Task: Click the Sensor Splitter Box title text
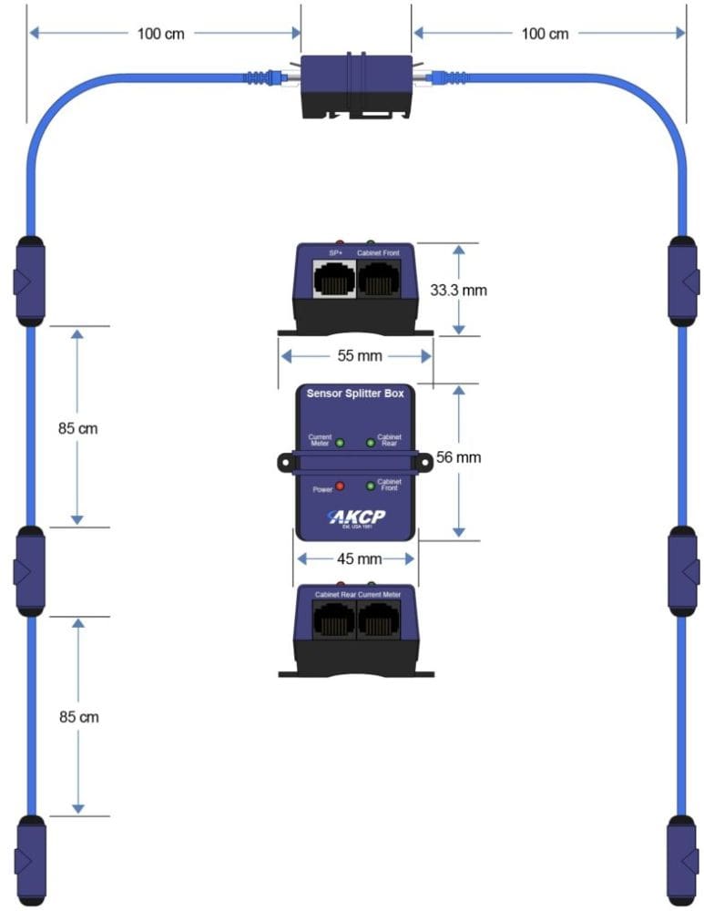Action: tap(355, 394)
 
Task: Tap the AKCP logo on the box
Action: tap(356, 517)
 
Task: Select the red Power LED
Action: tap(340, 486)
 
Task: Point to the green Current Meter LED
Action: tap(340, 443)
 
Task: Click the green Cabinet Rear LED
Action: tap(371, 443)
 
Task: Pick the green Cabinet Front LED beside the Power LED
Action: tap(371, 486)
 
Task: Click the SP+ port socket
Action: tap(333, 280)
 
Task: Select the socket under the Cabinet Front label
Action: tap(378, 280)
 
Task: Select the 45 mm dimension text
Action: tap(356, 558)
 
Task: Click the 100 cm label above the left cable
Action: tap(161, 34)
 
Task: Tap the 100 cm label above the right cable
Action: tap(545, 34)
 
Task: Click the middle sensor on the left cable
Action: tap(29, 572)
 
